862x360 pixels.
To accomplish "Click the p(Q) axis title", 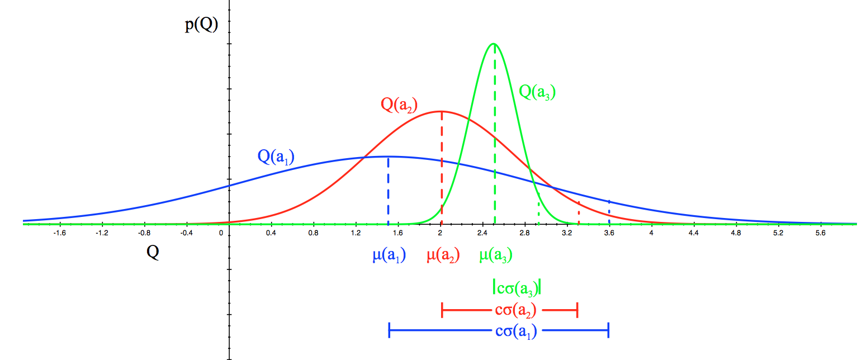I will pyautogui.click(x=201, y=26).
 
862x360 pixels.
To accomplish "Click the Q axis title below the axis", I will pyautogui.click(x=153, y=253).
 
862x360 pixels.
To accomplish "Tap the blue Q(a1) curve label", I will pyautogui.click(x=276, y=156).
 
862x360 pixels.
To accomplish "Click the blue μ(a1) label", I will pyautogui.click(x=389, y=255).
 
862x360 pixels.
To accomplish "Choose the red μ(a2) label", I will pyautogui.click(x=443, y=255).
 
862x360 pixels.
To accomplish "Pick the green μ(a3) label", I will pyautogui.click(x=495, y=255).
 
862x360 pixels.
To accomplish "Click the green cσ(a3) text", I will pyautogui.click(x=517, y=288).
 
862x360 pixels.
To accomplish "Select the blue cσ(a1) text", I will pyautogui.click(x=516, y=331).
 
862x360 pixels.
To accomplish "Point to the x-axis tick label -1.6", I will pyautogui.click(x=59, y=233).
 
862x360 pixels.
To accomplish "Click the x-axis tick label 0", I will pyautogui.click(x=222, y=233).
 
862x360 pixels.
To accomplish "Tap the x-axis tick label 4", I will pyautogui.click(x=651, y=233).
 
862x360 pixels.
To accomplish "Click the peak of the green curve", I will pyautogui.click(x=494, y=44).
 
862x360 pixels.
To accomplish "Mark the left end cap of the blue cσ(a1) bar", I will pyautogui.click(x=389, y=331).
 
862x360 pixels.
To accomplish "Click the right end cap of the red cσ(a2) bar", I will pyautogui.click(x=577, y=309).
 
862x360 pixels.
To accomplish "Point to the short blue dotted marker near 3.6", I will pyautogui.click(x=609, y=207).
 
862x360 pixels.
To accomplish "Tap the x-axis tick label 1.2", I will pyautogui.click(x=356, y=233).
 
